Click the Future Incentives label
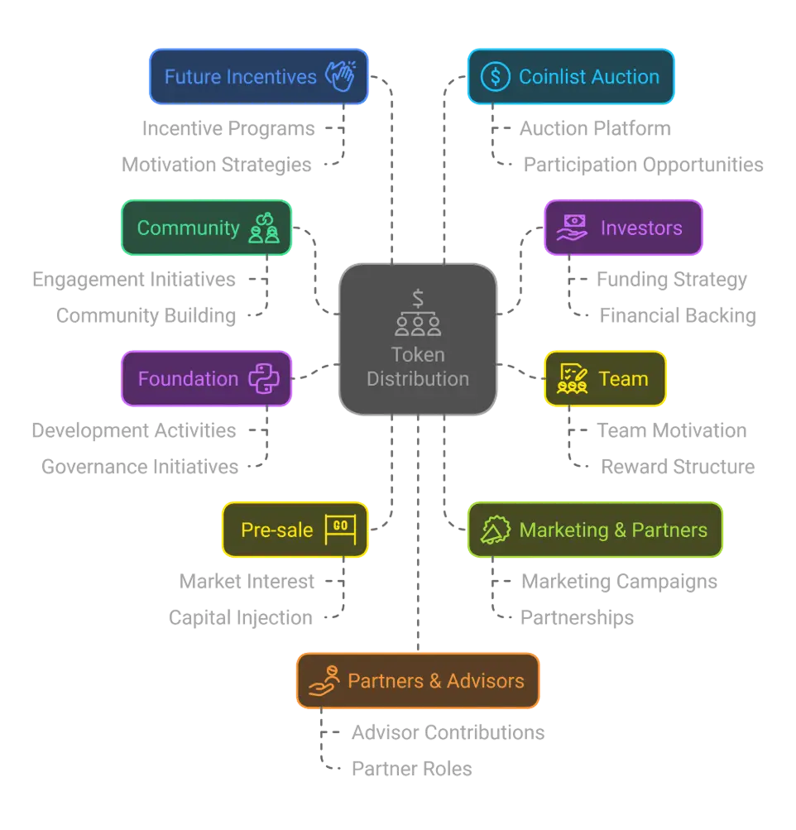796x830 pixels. (240, 77)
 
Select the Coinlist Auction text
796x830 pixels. (588, 77)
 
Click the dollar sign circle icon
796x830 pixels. (495, 77)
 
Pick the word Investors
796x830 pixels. (641, 228)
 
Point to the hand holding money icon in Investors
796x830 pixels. (572, 228)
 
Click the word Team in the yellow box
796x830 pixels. (623, 379)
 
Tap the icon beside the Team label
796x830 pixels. (573, 379)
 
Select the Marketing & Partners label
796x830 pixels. (613, 530)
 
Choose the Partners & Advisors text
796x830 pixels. (435, 681)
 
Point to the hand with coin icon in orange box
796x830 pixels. (324, 681)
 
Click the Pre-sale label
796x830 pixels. (276, 530)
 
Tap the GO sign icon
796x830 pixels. (339, 530)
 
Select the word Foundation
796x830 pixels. (188, 379)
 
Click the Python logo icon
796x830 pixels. (264, 379)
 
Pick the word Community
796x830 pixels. (188, 228)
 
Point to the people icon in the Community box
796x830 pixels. (264, 228)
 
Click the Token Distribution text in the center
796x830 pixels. (418, 367)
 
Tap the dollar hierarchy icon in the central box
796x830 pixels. (418, 313)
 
